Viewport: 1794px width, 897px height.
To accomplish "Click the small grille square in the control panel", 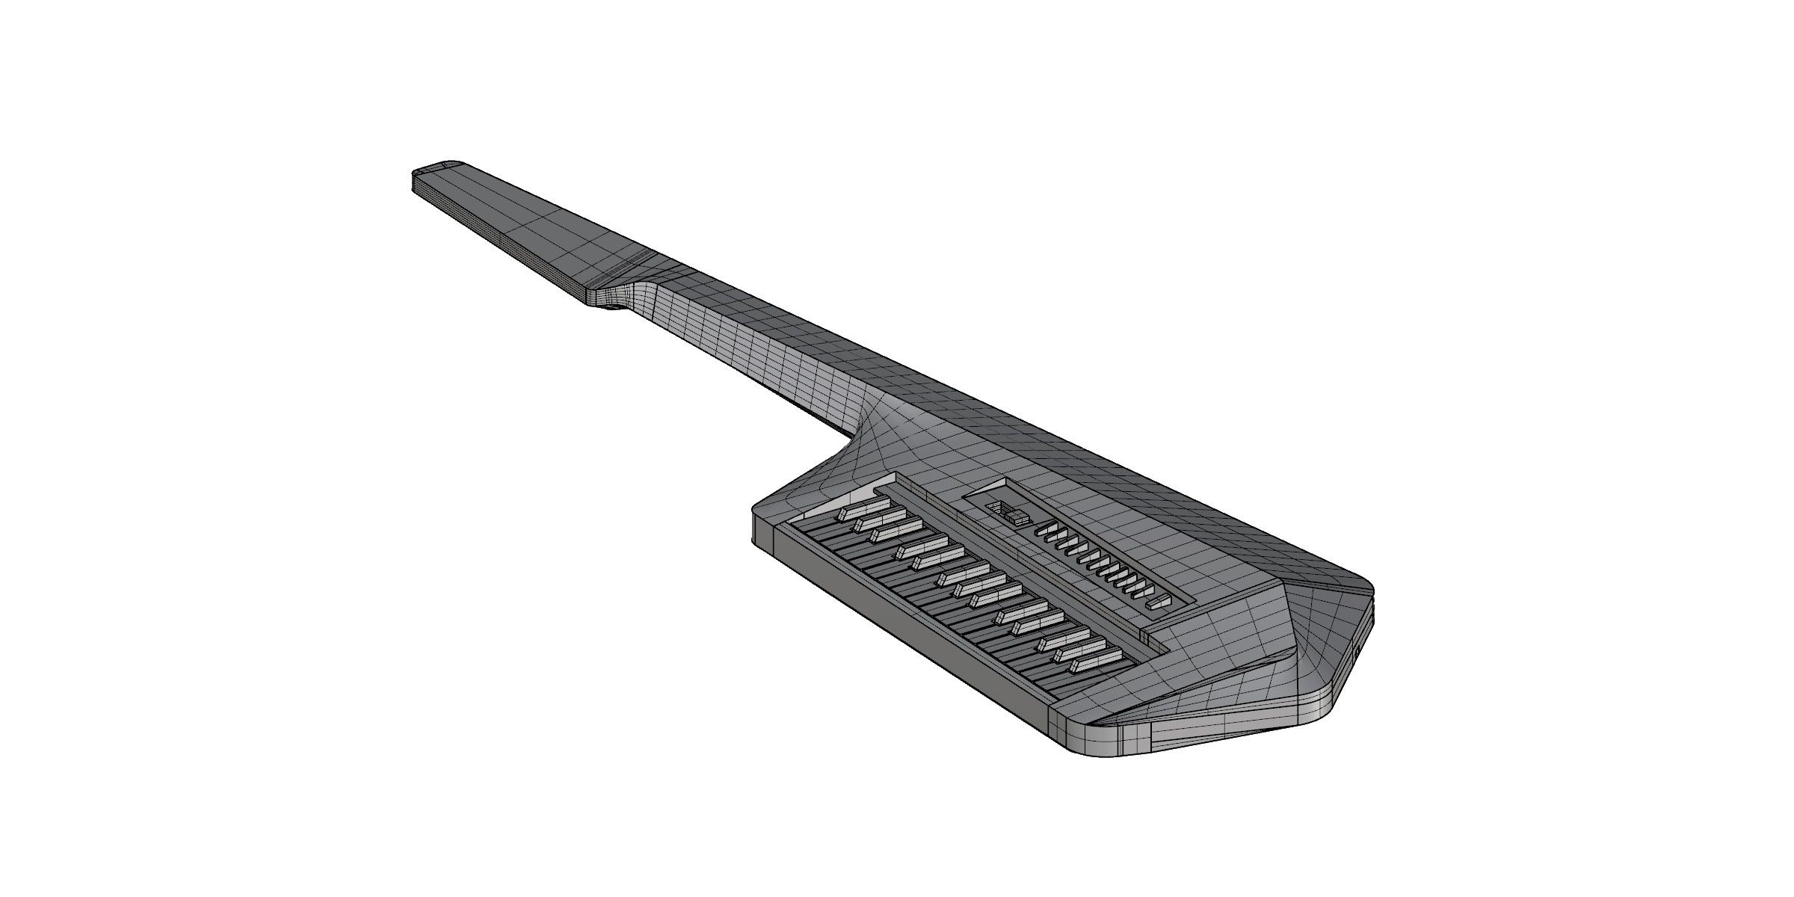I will click(x=997, y=508).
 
